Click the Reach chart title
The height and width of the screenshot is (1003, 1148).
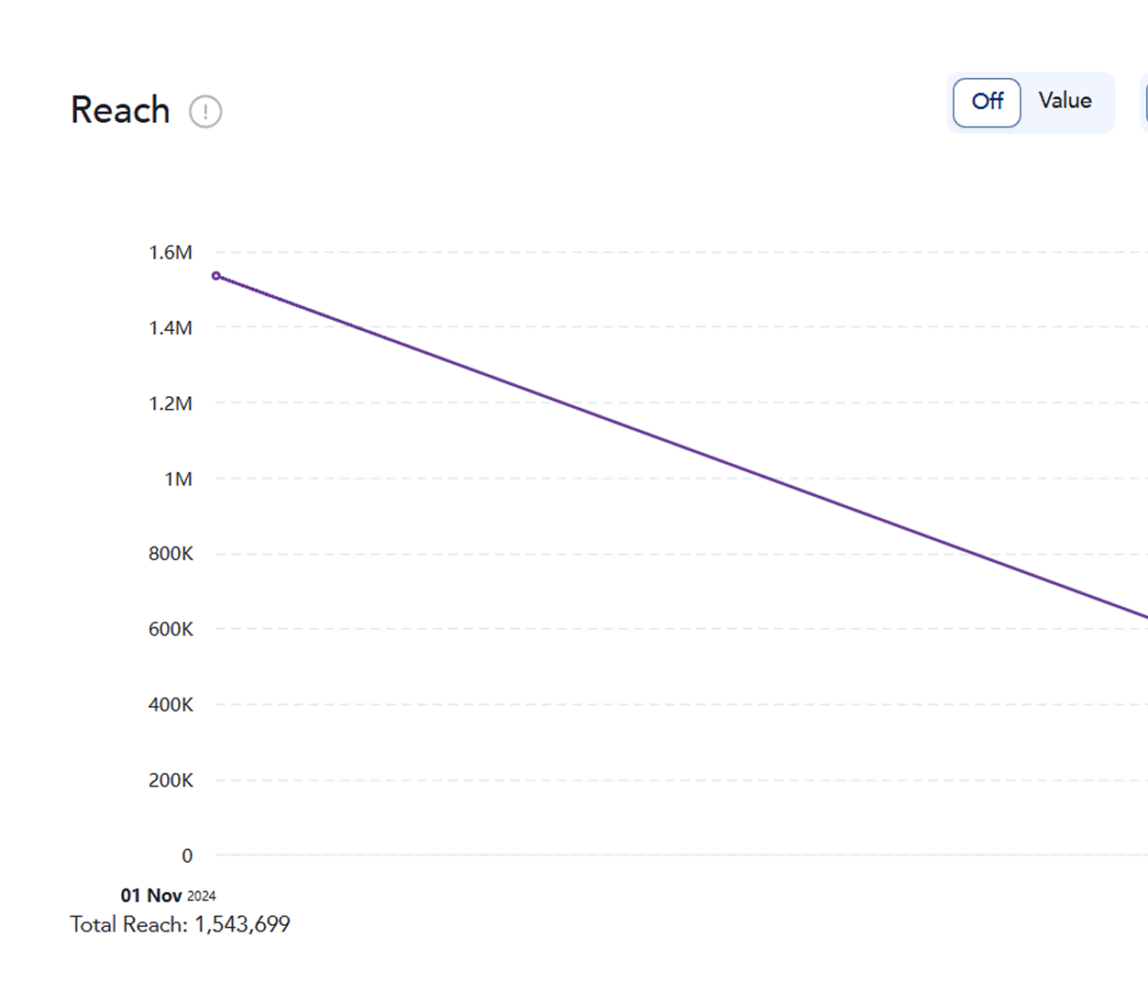coord(120,110)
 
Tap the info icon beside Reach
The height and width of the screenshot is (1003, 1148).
coord(205,112)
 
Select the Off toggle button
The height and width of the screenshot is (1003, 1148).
coord(987,102)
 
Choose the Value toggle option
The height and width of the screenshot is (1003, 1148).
coord(1065,101)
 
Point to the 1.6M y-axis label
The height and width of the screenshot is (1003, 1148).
coord(171,252)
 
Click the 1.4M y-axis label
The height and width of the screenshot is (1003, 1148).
coord(171,327)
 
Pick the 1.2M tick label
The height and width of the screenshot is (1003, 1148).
coord(171,403)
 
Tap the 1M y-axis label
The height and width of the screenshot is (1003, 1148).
coord(178,479)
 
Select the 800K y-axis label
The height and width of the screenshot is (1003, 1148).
coord(171,554)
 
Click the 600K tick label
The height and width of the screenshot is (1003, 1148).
coord(171,629)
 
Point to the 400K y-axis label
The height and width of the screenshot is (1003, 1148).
coord(171,705)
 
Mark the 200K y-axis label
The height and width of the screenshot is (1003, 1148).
coord(171,780)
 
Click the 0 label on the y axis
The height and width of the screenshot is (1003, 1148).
coord(187,855)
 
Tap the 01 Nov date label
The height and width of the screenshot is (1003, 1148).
coord(151,896)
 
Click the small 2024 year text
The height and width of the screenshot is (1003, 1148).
coord(202,897)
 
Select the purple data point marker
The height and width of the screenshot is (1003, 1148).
coord(216,276)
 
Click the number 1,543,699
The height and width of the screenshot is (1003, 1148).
coord(242,924)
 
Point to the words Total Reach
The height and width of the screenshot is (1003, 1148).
coord(127,924)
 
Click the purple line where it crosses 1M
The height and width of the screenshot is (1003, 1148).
coord(769,479)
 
